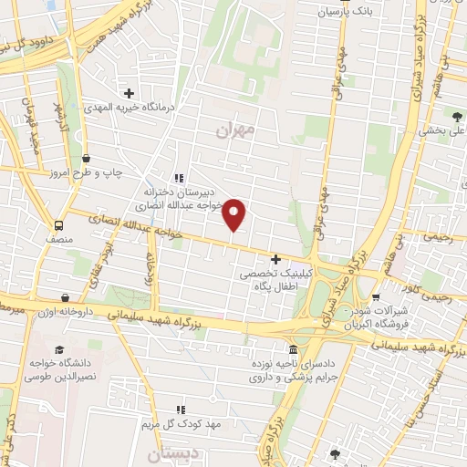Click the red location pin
(234, 214)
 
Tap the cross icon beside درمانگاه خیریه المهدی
(129, 93)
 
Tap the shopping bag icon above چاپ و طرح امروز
(87, 158)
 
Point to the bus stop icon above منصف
(59, 225)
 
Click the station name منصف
(59, 238)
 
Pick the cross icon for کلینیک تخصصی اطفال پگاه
(275, 259)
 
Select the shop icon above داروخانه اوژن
(66, 297)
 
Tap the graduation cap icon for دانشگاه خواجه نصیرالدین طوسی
(59, 350)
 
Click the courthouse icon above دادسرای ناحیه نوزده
(292, 350)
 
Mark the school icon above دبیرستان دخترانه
(179, 178)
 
